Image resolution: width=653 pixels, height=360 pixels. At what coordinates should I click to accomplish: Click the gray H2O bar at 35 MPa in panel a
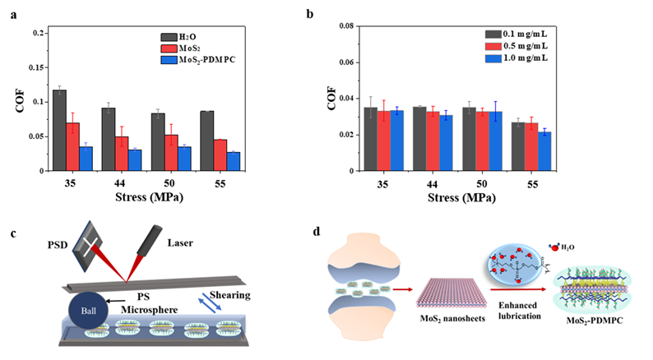(59, 131)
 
